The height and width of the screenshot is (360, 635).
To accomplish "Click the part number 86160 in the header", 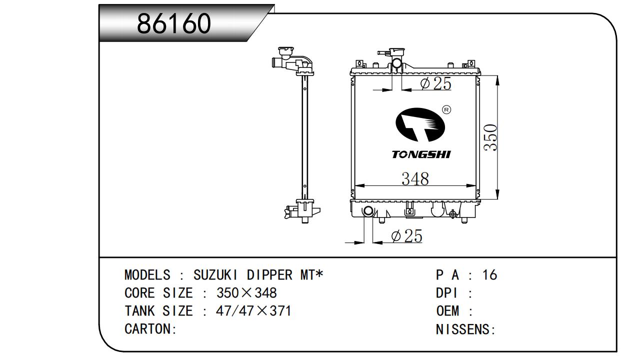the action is tap(174, 23).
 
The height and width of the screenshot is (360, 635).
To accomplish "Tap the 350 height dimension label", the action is tap(490, 137).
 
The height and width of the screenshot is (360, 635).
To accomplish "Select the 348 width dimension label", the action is tap(415, 179).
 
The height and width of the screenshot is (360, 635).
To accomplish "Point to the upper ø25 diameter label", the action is tap(435, 83).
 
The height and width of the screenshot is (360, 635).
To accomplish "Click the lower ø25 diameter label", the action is tap(407, 236).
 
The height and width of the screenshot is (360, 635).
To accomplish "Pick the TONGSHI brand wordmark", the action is tap(421, 154).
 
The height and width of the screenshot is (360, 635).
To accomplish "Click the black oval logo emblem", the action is tap(420, 124).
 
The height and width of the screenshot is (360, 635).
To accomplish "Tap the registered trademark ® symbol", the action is tap(446, 109).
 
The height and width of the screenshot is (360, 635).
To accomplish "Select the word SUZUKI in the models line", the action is tap(215, 275).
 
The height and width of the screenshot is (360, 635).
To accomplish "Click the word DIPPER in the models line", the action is tap(269, 275).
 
